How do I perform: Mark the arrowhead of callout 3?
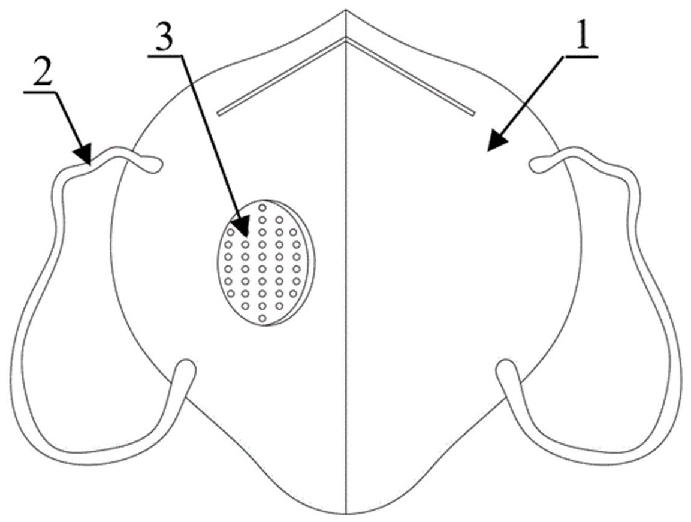(242, 227)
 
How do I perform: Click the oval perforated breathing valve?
(267, 262)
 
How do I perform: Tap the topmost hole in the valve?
(262, 207)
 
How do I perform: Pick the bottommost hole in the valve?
(262, 318)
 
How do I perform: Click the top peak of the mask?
(346, 10)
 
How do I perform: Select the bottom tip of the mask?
(346, 514)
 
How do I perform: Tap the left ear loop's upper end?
(156, 165)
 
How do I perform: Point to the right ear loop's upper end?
(536, 165)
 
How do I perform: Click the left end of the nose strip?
(219, 114)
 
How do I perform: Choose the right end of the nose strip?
(473, 114)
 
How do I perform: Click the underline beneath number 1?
(580, 56)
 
